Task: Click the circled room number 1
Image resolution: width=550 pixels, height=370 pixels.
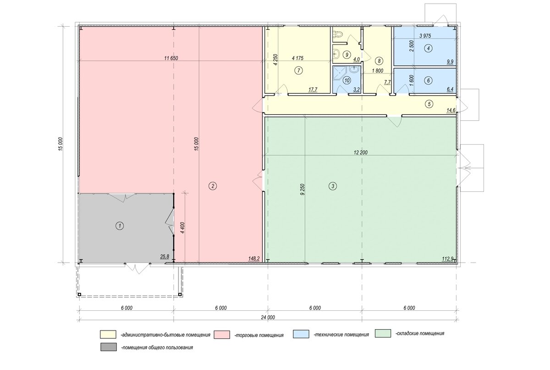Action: tap(120, 226)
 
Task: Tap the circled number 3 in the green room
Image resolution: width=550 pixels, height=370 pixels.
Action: tap(333, 186)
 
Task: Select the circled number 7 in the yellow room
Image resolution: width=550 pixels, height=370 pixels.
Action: tap(298, 71)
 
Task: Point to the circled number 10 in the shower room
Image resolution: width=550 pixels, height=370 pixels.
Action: tap(347, 80)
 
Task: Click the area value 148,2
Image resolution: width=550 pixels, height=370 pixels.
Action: tap(253, 258)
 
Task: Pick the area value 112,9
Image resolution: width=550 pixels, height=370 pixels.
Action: tap(447, 258)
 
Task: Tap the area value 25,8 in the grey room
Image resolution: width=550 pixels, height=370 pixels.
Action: tap(165, 257)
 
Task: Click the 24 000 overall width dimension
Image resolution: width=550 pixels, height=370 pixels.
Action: tap(268, 317)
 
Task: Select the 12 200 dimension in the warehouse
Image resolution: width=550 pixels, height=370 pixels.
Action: tap(361, 152)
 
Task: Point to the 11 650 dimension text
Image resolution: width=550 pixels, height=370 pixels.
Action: tap(171, 58)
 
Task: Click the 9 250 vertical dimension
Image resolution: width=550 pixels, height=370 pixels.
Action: tap(302, 189)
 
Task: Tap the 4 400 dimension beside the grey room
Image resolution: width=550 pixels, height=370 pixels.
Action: tap(182, 229)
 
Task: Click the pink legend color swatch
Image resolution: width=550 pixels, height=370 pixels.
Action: tap(222, 335)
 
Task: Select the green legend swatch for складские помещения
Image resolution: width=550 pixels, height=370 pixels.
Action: tap(383, 333)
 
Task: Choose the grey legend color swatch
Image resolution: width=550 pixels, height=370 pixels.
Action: tap(109, 347)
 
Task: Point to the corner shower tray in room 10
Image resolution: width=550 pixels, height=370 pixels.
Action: tap(339, 73)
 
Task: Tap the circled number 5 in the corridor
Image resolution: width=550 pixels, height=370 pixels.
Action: tap(429, 104)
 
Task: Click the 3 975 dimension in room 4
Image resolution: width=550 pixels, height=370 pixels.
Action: tap(425, 36)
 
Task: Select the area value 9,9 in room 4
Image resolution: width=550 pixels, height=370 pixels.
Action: tap(450, 62)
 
